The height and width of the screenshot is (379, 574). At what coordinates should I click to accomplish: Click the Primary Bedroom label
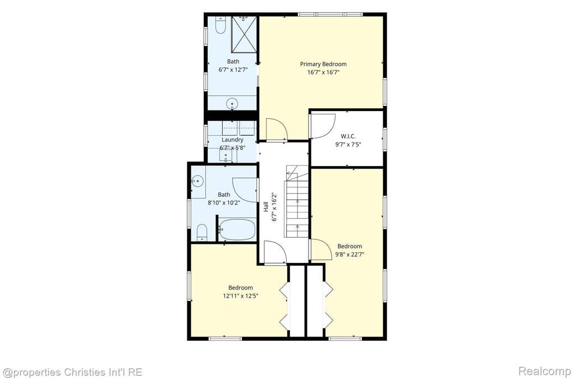323,64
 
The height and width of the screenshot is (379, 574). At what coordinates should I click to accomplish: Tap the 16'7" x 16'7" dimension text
324,72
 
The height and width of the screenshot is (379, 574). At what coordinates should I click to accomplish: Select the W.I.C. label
348,136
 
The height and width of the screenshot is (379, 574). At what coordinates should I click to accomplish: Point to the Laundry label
232,140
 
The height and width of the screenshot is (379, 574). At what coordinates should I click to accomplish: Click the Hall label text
266,208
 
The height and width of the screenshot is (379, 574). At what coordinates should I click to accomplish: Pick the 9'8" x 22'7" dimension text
350,255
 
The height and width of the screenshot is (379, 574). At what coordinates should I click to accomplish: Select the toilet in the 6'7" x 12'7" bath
220,25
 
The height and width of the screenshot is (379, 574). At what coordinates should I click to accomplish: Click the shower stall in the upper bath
244,34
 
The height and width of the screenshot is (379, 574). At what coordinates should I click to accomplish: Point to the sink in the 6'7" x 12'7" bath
232,104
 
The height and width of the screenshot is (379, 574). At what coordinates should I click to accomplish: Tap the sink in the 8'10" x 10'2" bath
198,181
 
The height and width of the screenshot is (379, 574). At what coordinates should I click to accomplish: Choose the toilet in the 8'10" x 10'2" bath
201,233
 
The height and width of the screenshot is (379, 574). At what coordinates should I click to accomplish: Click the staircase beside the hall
297,201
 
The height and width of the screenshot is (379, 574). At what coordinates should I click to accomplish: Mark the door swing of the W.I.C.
323,126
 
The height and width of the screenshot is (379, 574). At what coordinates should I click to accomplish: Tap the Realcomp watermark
544,371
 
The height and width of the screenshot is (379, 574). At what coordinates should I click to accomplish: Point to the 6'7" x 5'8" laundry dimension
232,148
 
